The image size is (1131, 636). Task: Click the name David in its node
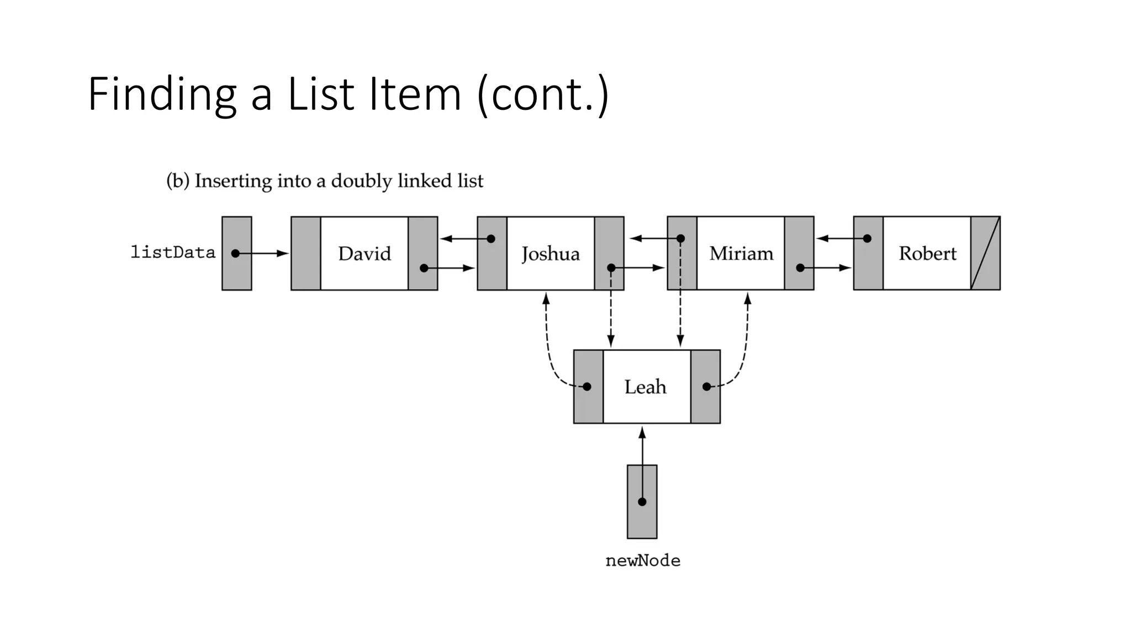[x=364, y=253]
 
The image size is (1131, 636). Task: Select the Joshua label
[x=550, y=254]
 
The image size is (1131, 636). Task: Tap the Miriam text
[x=741, y=253]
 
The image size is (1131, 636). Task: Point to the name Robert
[x=927, y=253]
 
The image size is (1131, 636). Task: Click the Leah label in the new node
[x=645, y=386]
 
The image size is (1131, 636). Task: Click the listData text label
[x=173, y=252]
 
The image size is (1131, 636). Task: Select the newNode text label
[x=642, y=560]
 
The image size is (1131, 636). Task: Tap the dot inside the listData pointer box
[x=236, y=253]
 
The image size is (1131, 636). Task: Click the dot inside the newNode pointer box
[x=642, y=501]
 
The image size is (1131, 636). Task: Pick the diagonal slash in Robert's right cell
[x=985, y=253]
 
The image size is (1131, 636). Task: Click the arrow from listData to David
[x=265, y=253]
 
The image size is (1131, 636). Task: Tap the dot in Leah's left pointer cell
[x=587, y=386]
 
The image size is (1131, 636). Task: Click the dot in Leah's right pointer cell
[x=706, y=386]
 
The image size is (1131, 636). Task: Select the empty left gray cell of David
[x=305, y=253]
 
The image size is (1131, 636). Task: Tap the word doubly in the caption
[x=361, y=181]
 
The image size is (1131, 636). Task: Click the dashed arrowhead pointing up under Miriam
[x=747, y=299]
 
